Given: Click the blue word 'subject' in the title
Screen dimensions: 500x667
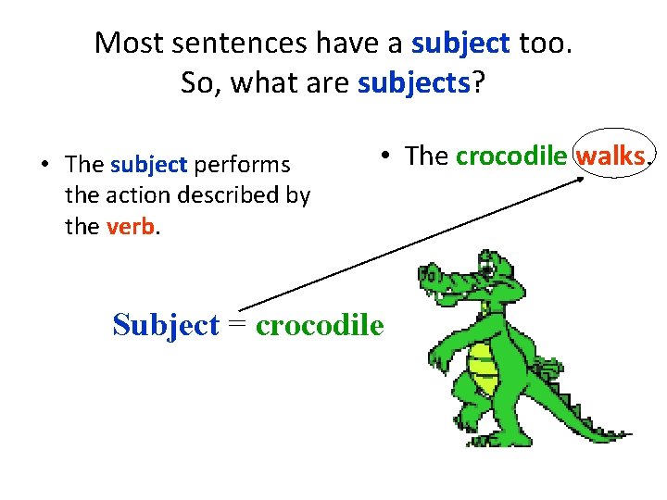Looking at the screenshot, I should pos(460,43).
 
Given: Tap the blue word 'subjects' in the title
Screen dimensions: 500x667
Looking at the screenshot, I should pos(414,83).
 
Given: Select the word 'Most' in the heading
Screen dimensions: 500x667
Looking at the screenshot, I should pos(127,43).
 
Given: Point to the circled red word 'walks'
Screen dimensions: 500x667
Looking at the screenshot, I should pos(610,156).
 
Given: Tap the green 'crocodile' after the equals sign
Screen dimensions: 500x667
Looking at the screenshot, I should pos(319,325).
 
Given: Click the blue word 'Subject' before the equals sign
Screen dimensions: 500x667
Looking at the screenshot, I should pos(166,325).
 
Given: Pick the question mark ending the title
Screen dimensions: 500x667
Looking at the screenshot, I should pos(478,83).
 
